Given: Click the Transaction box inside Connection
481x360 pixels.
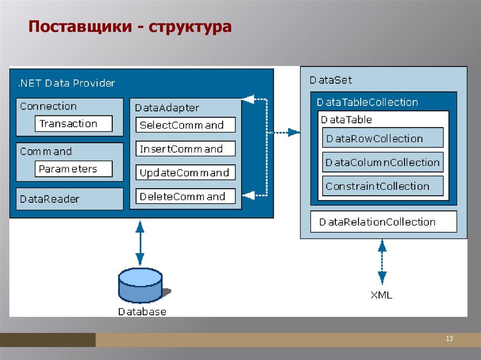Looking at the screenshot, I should pyautogui.click(x=73, y=124).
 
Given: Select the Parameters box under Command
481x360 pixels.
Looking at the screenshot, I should pyautogui.click(x=73, y=169).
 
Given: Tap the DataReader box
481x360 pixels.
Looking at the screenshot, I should pyautogui.click(x=70, y=199).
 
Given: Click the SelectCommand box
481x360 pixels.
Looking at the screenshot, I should pyautogui.click(x=186, y=125).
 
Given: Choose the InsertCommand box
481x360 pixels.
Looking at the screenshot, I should pyautogui.click(x=186, y=149).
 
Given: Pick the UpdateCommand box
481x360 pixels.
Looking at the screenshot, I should pyautogui.click(x=186, y=173).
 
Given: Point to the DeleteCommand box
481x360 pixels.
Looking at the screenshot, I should pyautogui.click(x=186, y=196).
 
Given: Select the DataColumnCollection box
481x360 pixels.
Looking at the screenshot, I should pyautogui.click(x=383, y=162).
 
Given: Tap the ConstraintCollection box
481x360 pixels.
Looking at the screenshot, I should pyautogui.click(x=383, y=186).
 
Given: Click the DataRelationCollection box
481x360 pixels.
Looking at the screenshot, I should pyautogui.click(x=383, y=222).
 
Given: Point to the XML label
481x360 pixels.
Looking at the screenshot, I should pyautogui.click(x=381, y=295).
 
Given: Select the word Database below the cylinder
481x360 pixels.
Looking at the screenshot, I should pyautogui.click(x=142, y=311).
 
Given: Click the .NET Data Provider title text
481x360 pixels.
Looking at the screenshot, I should pyautogui.click(x=66, y=84).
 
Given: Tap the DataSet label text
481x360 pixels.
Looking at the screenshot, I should pyautogui.click(x=331, y=80).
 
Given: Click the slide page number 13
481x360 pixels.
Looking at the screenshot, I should pyautogui.click(x=449, y=339).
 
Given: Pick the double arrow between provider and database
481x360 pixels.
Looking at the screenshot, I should pyautogui.click(x=140, y=243).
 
